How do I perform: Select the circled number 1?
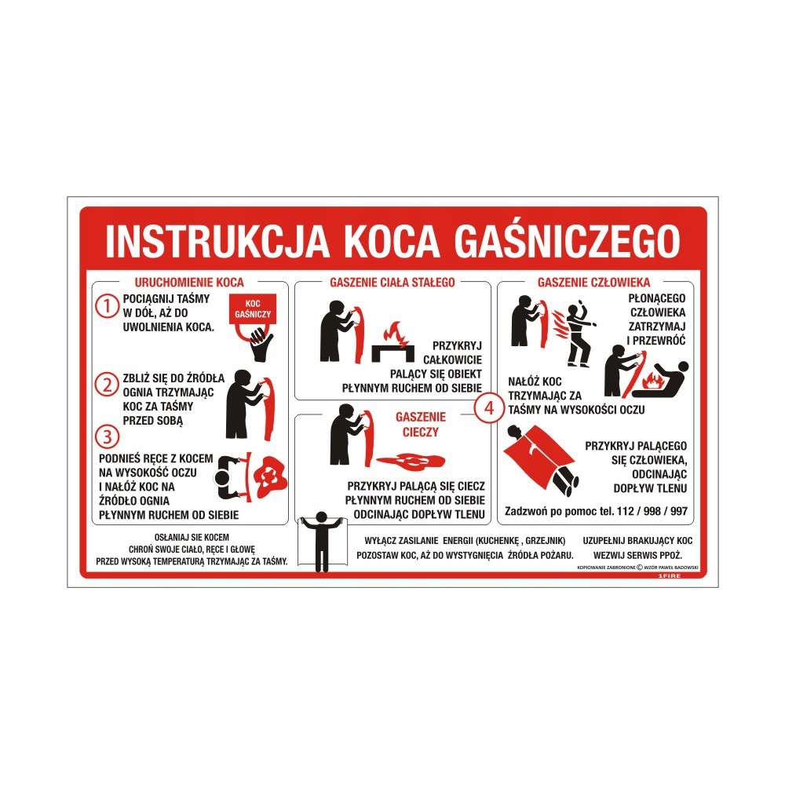[x=106, y=306]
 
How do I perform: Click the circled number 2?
[x=106, y=385]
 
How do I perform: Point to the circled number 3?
[x=106, y=434]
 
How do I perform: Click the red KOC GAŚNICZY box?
[x=252, y=308]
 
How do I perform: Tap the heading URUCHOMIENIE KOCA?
[x=181, y=281]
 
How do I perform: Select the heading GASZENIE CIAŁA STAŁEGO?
[x=392, y=281]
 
